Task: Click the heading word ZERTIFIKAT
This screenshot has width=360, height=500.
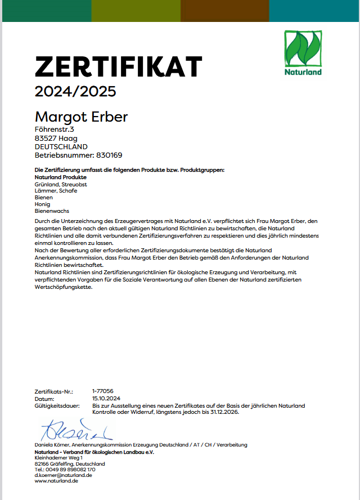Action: click(118, 67)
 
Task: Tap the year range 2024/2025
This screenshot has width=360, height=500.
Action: click(75, 91)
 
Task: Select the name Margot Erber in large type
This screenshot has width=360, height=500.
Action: click(82, 117)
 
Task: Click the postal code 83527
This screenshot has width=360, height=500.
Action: click(44, 139)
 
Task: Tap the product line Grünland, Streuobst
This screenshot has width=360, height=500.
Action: click(60, 184)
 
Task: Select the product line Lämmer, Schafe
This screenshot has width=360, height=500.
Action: click(56, 191)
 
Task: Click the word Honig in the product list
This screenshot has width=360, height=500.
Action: click(43, 204)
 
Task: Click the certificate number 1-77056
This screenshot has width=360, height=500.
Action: click(103, 391)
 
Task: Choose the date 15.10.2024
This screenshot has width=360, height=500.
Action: click(106, 398)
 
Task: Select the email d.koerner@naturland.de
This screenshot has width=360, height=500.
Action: click(63, 475)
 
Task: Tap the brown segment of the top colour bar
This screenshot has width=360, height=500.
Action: click(225, 11)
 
